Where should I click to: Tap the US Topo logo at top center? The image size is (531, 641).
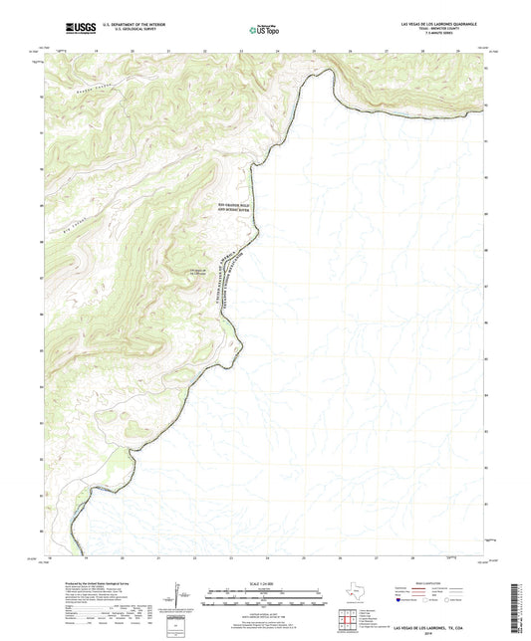(260, 30)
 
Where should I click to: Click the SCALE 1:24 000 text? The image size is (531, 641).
(265, 582)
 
